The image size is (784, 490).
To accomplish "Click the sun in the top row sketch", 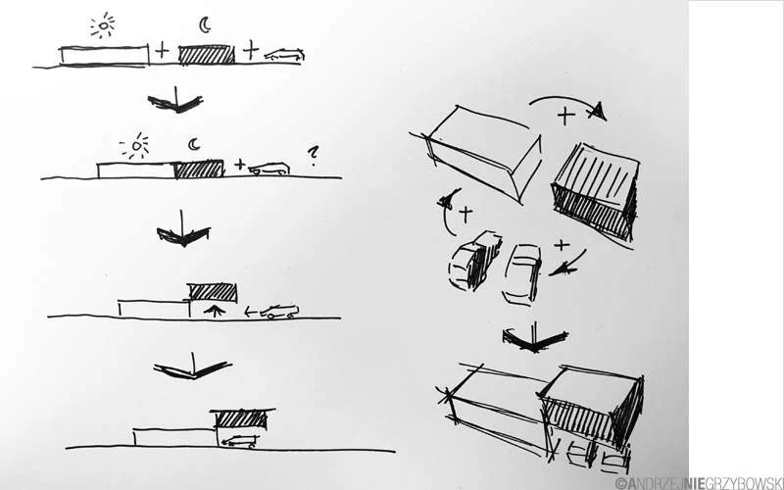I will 102,26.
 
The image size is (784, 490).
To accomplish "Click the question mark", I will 313,153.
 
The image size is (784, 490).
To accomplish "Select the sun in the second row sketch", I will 134,147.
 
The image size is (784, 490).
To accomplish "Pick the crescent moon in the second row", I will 194,145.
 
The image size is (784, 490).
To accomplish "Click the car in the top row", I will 285,55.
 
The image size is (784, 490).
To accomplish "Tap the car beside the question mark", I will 269,169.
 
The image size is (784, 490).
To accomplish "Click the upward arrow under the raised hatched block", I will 212,310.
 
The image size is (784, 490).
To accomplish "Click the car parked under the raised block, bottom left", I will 240,442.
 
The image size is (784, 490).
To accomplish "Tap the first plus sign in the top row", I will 162,49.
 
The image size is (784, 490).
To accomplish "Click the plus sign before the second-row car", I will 239,164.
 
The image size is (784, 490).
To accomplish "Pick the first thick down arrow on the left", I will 174,100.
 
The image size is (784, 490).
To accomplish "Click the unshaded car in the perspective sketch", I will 520,271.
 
